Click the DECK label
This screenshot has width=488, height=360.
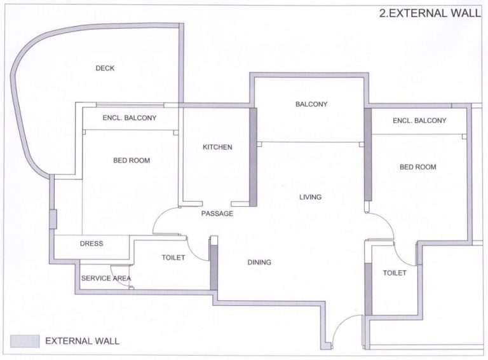[105, 69]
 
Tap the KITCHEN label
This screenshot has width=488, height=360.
[217, 148]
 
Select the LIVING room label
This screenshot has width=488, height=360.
[310, 197]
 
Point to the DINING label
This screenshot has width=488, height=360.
[259, 262]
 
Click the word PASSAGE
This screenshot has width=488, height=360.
[217, 214]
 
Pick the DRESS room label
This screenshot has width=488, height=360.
[91, 244]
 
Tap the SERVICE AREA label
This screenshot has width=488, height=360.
[105, 278]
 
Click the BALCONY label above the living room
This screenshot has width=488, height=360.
[311, 105]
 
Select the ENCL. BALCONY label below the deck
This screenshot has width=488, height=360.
[130, 118]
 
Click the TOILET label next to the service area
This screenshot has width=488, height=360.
[173, 258]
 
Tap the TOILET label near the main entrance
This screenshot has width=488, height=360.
[394, 273]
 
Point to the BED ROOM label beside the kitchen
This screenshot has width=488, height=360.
[132, 161]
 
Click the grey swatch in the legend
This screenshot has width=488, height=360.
[25, 341]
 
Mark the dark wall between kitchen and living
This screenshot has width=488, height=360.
[252, 156]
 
